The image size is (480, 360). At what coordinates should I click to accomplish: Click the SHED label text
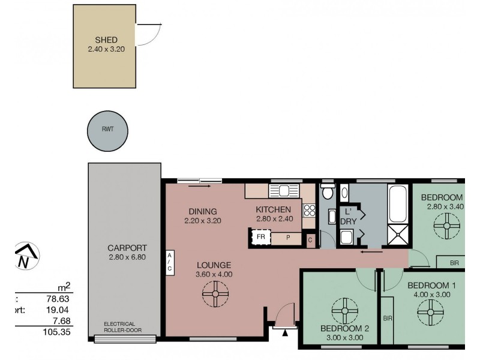point(106,40)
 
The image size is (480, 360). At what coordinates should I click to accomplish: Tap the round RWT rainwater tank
point(107,130)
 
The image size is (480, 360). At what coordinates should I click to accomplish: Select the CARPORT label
point(127,248)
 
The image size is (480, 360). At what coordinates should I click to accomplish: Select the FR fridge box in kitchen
point(261,236)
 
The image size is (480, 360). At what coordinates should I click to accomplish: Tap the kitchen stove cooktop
point(309,210)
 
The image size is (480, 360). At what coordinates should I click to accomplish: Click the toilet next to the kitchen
point(327,192)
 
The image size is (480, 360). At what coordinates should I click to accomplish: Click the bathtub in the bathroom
point(398,203)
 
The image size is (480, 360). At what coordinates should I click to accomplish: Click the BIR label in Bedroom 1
point(387,318)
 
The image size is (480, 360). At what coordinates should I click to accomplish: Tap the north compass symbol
point(25,256)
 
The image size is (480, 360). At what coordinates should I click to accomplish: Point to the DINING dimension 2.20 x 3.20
point(203,220)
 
